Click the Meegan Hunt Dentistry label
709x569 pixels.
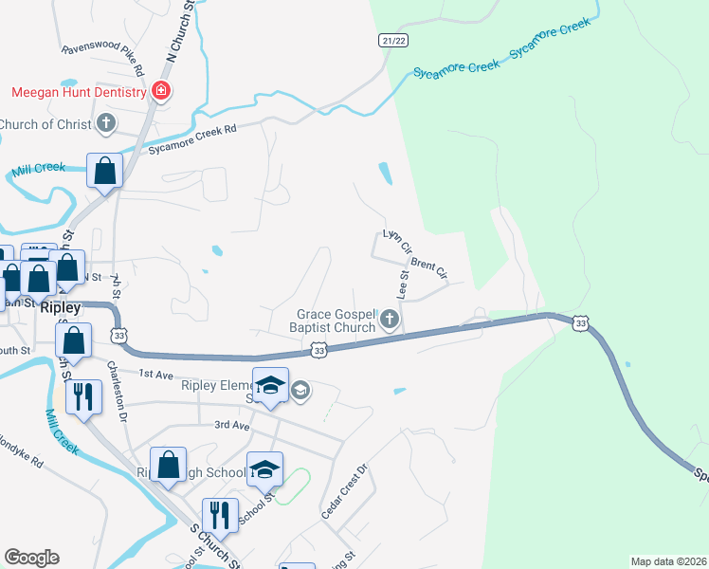(78, 92)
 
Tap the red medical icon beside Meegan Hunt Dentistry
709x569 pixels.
(161, 92)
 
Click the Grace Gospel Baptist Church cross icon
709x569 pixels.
(390, 320)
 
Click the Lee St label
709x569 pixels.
(402, 285)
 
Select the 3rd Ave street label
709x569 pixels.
(230, 426)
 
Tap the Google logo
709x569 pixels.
(32, 558)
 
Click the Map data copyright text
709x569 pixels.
(668, 561)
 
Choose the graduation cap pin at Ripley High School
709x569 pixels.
(265, 468)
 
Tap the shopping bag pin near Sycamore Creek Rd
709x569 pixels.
(104, 172)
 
